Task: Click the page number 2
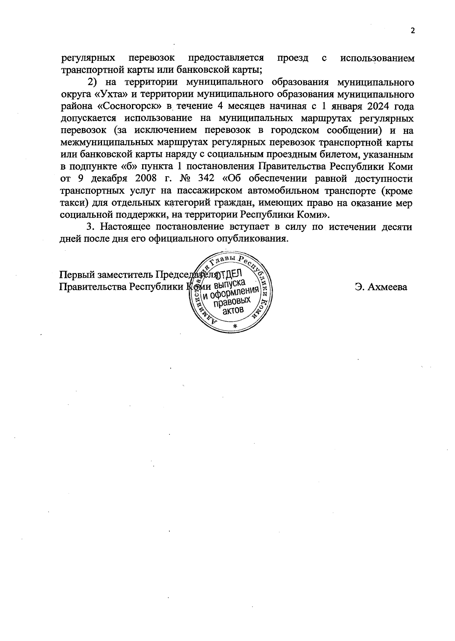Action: pyautogui.click(x=413, y=31)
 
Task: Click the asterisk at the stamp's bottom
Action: pyautogui.click(x=235, y=327)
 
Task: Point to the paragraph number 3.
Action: pyautogui.click(x=90, y=227)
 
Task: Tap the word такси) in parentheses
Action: pyautogui.click(x=75, y=203)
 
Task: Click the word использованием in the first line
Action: pyautogui.click(x=378, y=58)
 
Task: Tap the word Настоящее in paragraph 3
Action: pyautogui.click(x=125, y=227)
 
